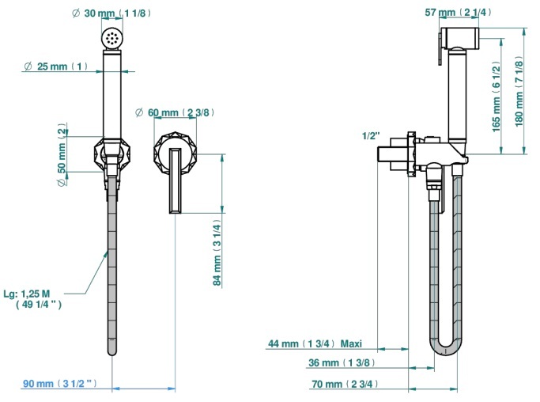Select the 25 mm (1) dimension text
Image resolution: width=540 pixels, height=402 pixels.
pyautogui.click(x=56, y=66)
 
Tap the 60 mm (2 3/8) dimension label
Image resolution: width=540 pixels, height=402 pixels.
pyautogui.click(x=175, y=112)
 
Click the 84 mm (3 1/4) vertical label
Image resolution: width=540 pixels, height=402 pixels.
pyautogui.click(x=217, y=252)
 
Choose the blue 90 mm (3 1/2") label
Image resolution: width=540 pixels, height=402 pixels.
pyautogui.click(x=60, y=383)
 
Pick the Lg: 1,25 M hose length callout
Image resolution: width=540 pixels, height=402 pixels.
pyautogui.click(x=27, y=294)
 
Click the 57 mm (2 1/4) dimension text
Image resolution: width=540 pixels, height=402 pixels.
pyautogui.click(x=458, y=13)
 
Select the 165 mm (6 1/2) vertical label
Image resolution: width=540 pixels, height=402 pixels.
pyautogui.click(x=496, y=97)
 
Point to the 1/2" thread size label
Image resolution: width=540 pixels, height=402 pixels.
pyautogui.click(x=371, y=136)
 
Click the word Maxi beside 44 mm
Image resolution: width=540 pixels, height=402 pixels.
pyautogui.click(x=351, y=343)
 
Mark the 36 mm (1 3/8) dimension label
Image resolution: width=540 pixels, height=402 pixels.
pyautogui.click(x=342, y=362)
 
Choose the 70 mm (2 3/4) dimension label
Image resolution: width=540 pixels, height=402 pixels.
pyautogui.click(x=345, y=384)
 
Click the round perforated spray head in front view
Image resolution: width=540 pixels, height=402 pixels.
pyautogui.click(x=112, y=37)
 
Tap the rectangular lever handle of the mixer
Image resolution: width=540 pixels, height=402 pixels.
pyautogui.click(x=176, y=180)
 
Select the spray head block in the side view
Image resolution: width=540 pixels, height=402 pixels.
pyautogui.click(x=460, y=37)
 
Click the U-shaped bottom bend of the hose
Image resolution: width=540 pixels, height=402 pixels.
pyautogui.click(x=444, y=351)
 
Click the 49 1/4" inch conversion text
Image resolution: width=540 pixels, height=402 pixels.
pyautogui.click(x=39, y=304)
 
